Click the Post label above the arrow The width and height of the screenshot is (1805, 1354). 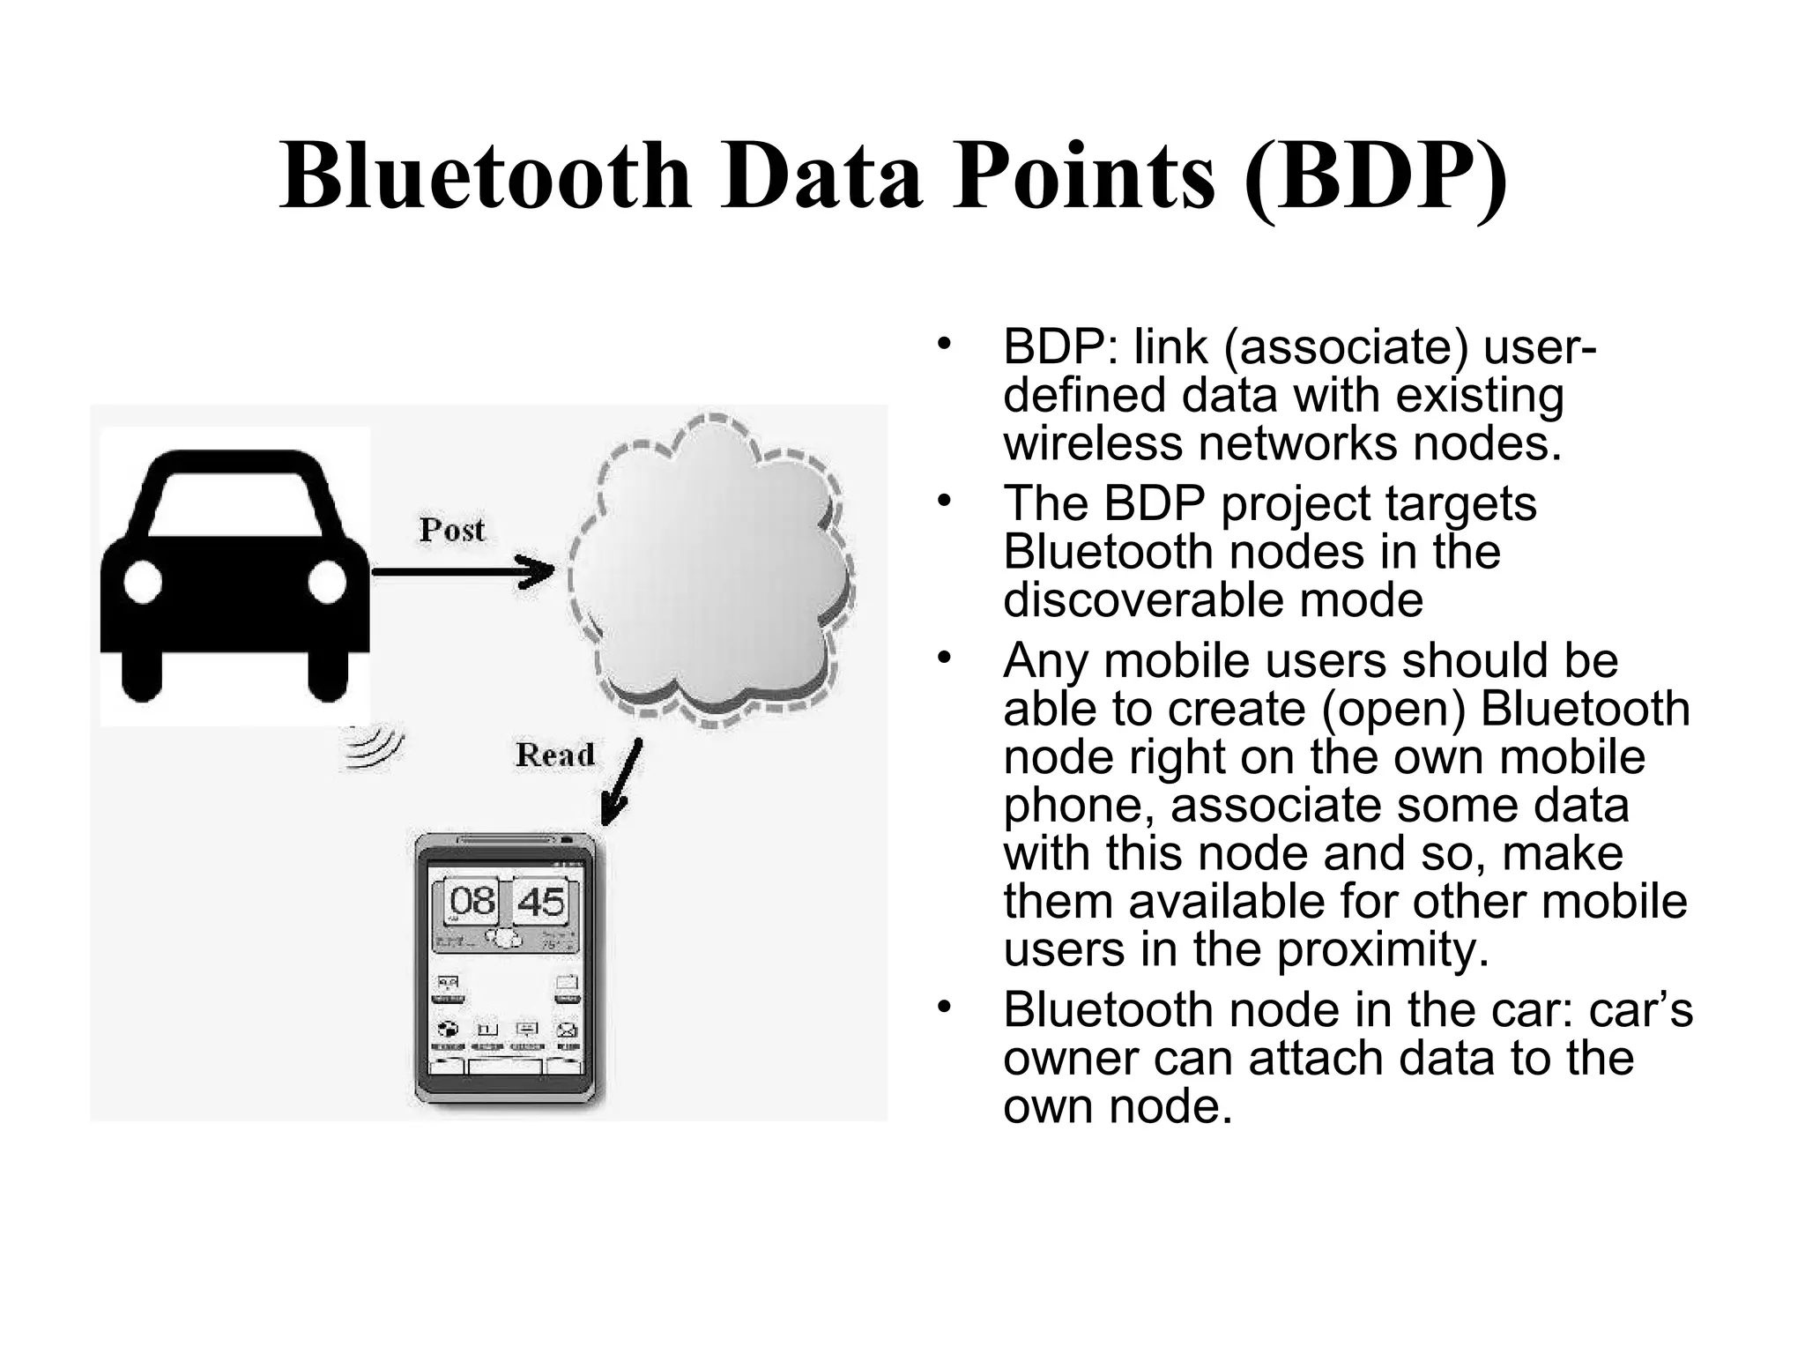(452, 530)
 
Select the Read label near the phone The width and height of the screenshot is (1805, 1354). (555, 755)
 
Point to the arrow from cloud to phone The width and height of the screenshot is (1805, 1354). (621, 784)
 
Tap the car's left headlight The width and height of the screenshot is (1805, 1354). (143, 583)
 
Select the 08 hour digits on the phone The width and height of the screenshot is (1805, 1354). (472, 902)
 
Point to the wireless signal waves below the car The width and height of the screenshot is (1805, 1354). (372, 749)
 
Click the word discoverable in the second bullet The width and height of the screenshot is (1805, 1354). (1143, 600)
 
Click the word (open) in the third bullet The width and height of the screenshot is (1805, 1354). (1394, 710)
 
